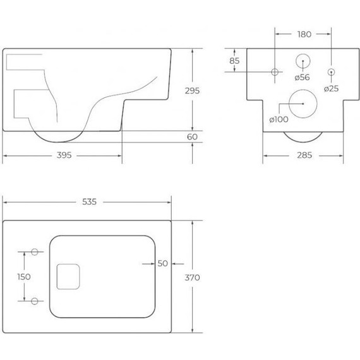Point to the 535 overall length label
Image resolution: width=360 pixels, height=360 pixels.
[x=88, y=201]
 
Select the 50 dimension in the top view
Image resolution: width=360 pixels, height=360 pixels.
[x=162, y=264]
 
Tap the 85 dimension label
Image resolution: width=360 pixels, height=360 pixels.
[x=234, y=61]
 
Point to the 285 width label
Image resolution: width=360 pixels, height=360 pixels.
[x=304, y=155]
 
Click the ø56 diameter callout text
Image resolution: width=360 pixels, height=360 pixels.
[x=302, y=78]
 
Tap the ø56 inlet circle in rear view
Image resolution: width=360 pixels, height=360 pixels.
[x=303, y=61]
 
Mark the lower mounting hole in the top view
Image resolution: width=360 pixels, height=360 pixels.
[x=35, y=300]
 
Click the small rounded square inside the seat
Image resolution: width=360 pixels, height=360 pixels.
[x=67, y=276]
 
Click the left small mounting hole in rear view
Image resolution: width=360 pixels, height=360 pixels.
[x=275, y=72]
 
